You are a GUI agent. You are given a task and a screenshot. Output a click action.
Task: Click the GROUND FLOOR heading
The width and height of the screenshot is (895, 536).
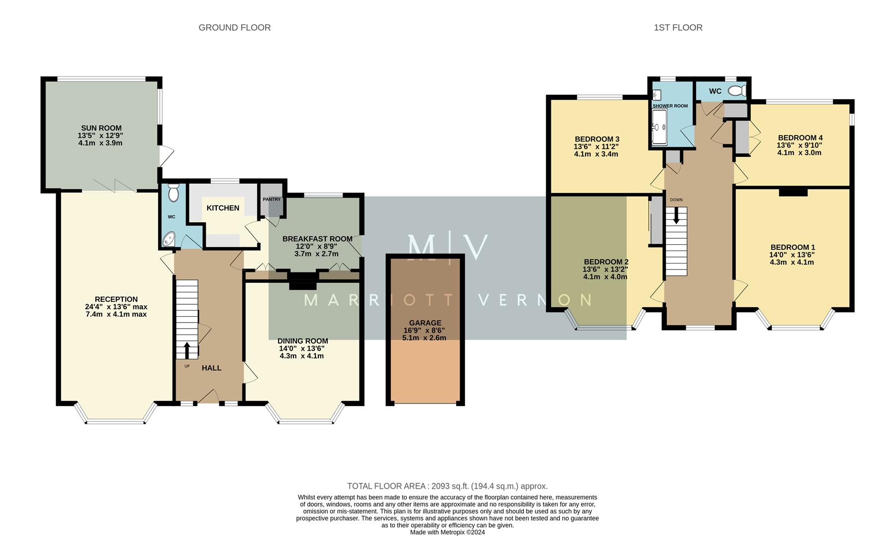pos(235,28)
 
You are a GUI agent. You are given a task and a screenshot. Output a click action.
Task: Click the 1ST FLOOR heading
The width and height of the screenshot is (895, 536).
pos(678,28)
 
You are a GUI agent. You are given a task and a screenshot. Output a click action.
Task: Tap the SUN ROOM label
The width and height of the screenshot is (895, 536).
pos(101,128)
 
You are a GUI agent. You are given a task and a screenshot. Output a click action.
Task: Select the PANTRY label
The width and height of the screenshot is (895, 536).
pos(272,200)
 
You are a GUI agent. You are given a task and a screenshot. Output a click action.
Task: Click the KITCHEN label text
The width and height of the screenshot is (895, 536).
pos(223,208)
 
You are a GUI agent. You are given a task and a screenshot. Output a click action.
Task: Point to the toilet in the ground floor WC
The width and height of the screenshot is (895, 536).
pos(173,193)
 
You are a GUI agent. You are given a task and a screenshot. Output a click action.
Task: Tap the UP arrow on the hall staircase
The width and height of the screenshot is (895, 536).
pos(187,349)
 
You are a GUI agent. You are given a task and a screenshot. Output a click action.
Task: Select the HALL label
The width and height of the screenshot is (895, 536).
pos(211,368)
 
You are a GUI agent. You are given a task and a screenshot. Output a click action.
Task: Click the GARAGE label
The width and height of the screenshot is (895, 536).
pos(425,323)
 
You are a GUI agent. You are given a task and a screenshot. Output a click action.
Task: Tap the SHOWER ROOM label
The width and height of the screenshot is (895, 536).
pos(670,106)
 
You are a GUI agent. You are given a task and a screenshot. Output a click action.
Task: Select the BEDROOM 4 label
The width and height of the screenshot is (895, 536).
pos(800,138)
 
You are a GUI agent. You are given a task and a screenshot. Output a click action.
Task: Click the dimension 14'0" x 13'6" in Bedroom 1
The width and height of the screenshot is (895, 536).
pos(792,255)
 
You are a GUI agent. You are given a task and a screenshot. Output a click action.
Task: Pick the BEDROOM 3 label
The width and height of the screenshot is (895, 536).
pos(597,139)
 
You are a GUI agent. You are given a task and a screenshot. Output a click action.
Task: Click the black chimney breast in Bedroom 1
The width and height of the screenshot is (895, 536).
pos(793,193)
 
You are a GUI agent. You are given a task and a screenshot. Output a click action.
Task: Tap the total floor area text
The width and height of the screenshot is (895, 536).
pos(447,486)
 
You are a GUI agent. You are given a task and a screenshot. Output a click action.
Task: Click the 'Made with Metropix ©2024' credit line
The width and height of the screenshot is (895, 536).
pos(447,532)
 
